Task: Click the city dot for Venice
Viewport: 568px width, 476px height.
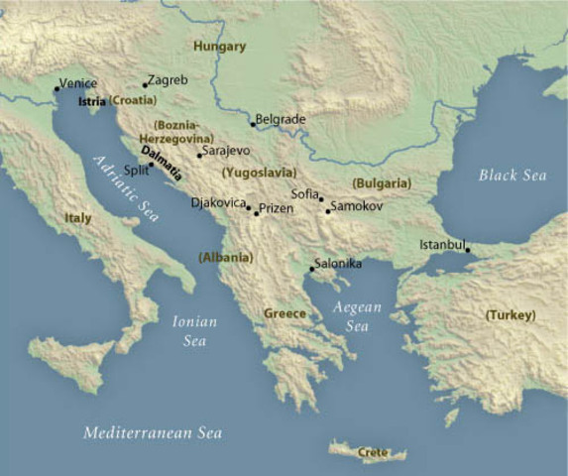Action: [57, 89]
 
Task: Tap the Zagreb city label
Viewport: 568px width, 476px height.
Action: [167, 78]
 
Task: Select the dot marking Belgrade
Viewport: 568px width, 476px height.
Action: [253, 124]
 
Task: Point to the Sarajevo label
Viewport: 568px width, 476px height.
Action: [226, 151]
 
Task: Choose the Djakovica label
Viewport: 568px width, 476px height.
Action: [218, 202]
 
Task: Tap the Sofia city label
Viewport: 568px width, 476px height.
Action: [305, 193]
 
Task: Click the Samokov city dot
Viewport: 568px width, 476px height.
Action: [328, 210]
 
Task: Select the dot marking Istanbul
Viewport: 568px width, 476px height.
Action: [467, 249]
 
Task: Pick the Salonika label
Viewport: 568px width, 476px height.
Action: [338, 264]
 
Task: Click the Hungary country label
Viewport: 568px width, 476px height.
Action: [219, 47]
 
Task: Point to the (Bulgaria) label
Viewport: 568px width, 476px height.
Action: [382, 183]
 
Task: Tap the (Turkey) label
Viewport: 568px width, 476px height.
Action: [511, 315]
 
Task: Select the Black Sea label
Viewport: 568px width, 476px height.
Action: [512, 176]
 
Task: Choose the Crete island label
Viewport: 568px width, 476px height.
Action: [373, 452]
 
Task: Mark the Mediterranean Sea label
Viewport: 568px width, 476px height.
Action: [153, 433]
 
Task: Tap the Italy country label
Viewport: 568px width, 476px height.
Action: [77, 217]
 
